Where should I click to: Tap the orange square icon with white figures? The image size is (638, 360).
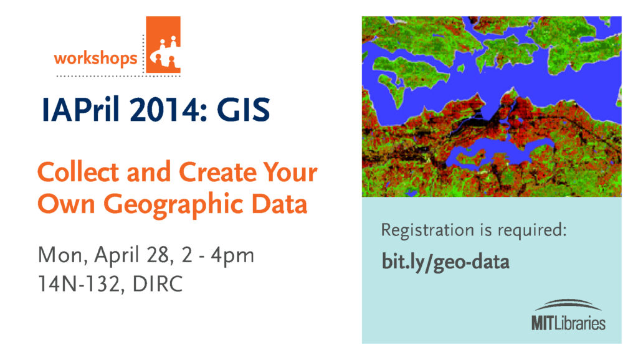[163, 44]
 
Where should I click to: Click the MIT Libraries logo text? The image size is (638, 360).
[568, 324]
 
